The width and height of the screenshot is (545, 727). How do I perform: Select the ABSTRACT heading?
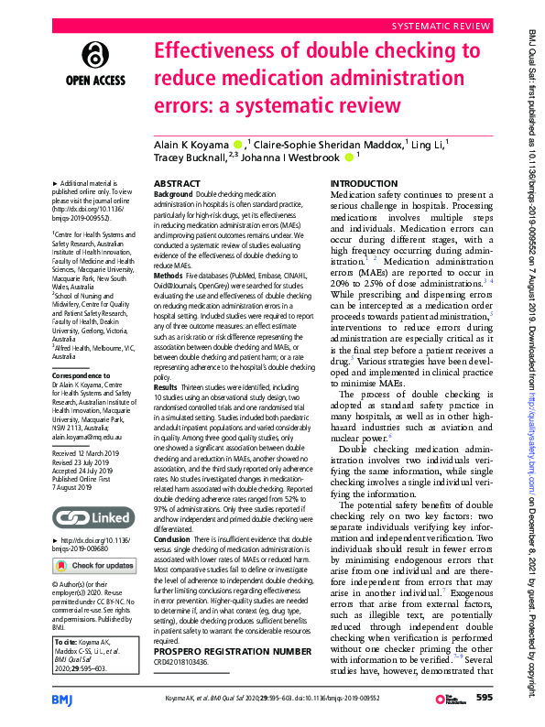176,184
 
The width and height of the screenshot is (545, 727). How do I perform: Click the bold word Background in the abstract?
173,196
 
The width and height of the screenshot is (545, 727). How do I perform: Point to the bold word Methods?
169,275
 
